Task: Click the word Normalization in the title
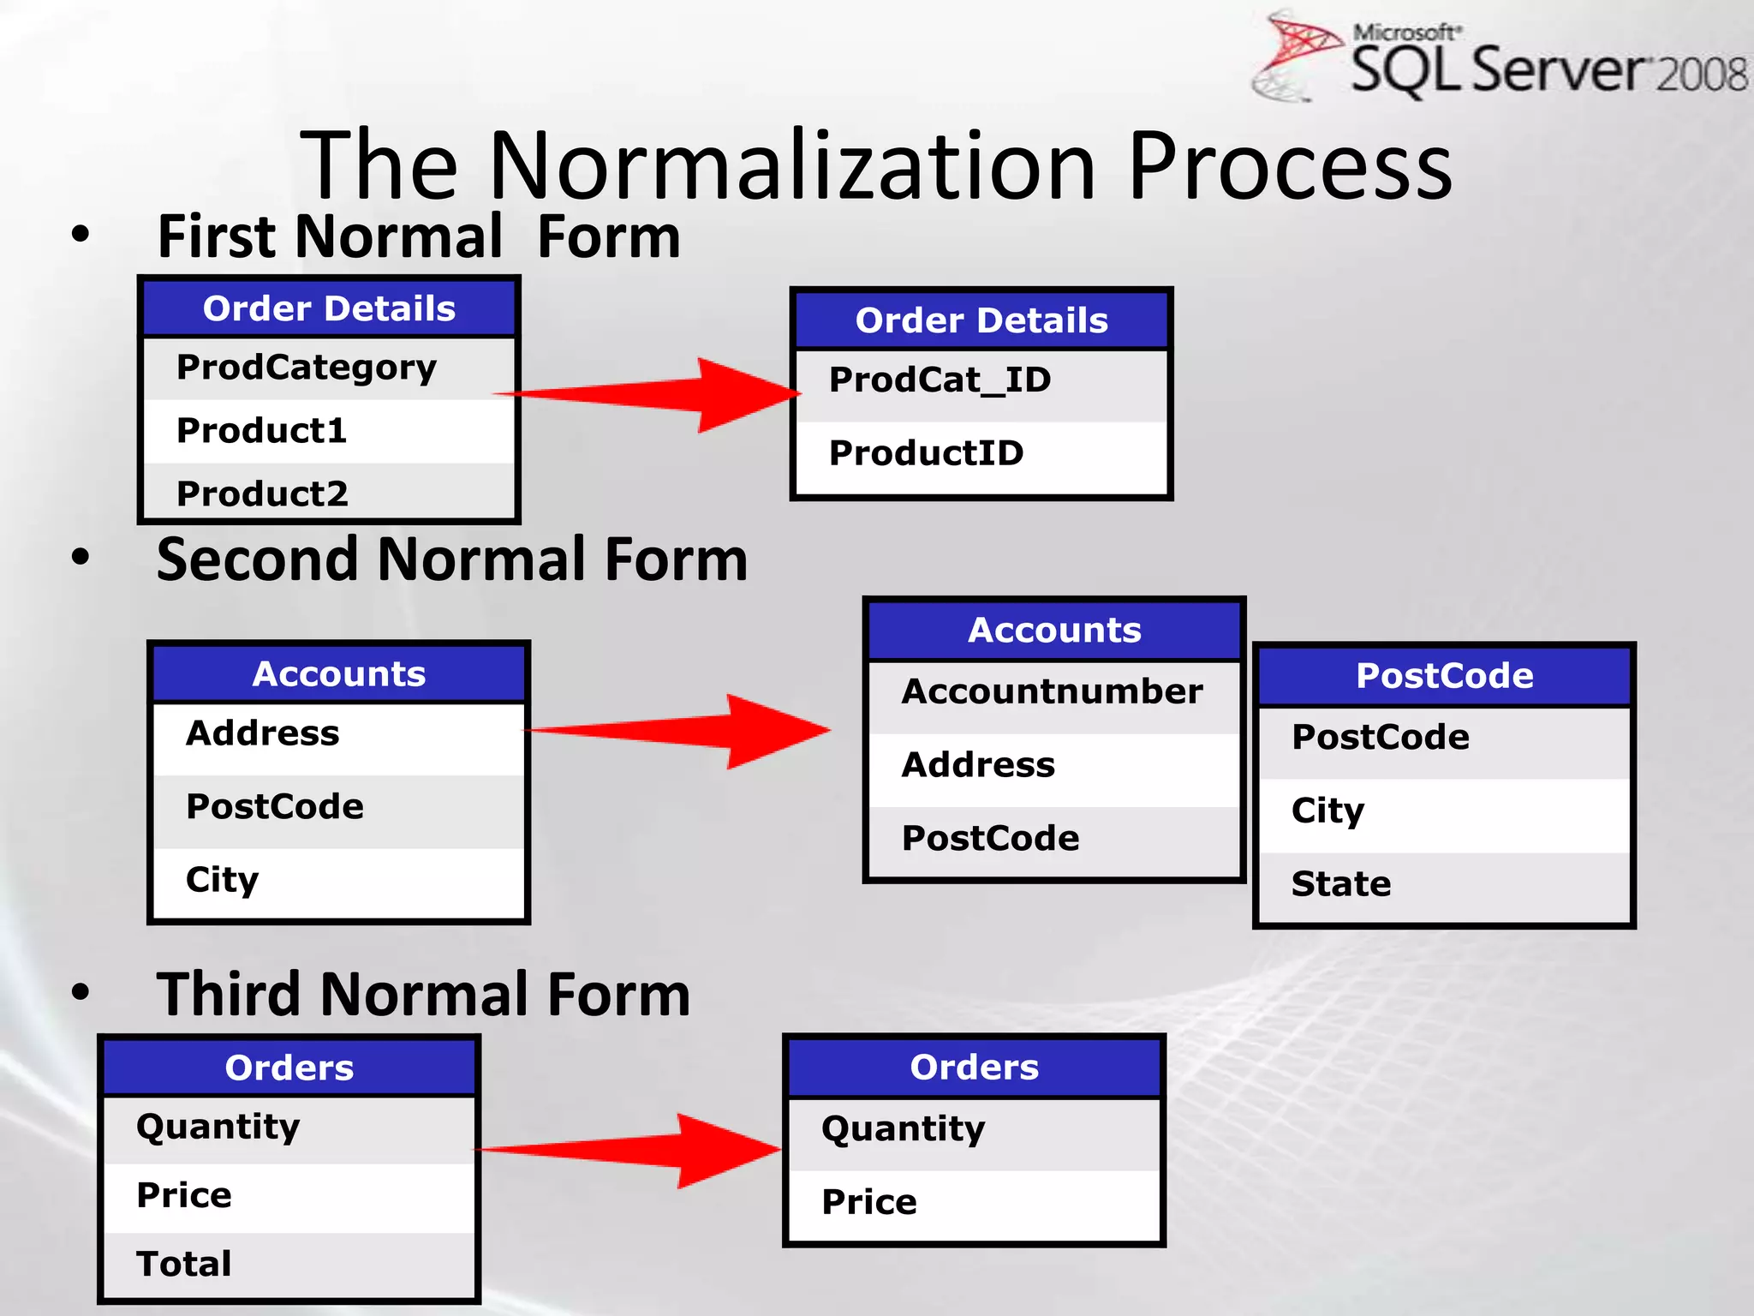coord(792,165)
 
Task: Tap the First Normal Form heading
coord(419,236)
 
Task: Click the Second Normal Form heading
coord(451,559)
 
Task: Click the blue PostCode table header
coord(1444,676)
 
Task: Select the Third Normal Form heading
coord(423,995)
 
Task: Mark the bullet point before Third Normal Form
coord(81,992)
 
